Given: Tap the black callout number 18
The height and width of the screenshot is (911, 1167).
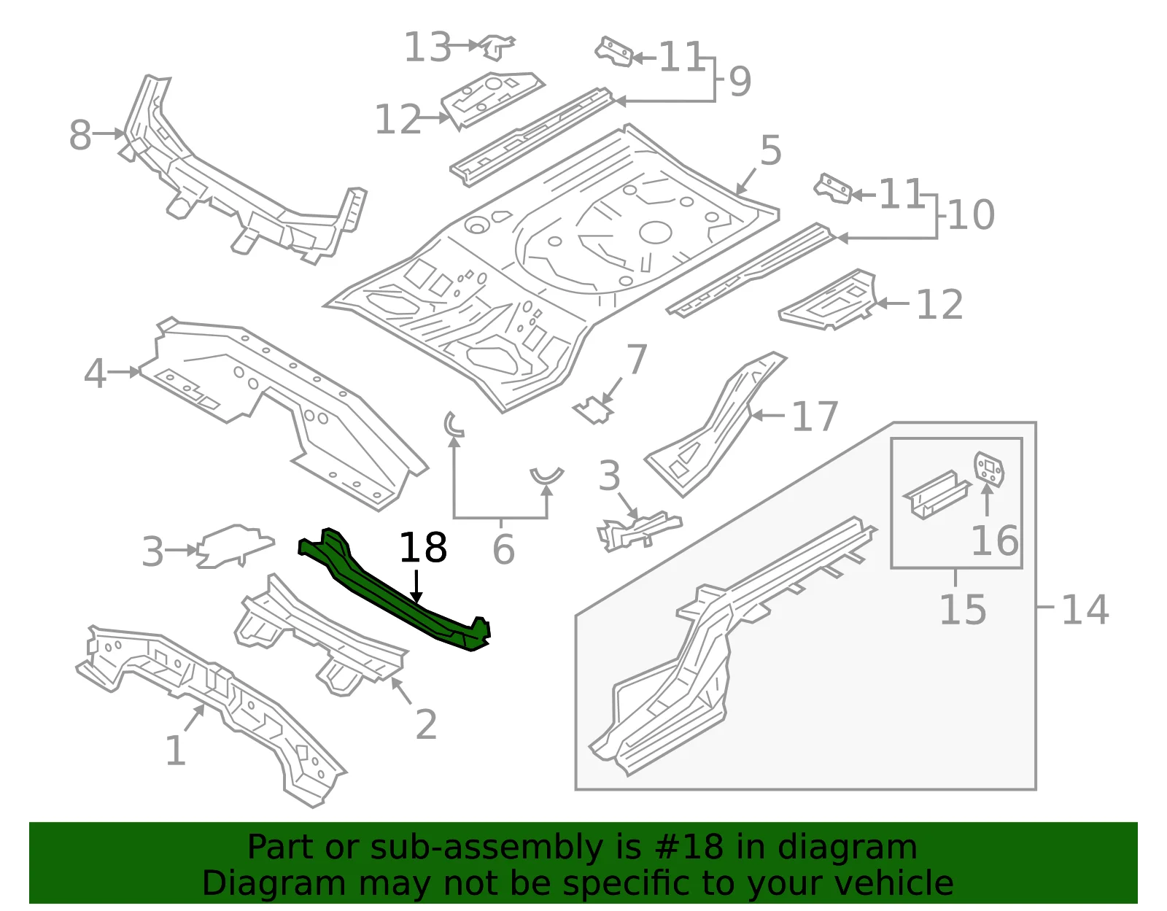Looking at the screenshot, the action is coord(423,548).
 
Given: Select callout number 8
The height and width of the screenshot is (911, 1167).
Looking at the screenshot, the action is coord(80,135).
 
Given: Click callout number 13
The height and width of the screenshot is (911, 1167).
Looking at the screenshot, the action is coord(427,47).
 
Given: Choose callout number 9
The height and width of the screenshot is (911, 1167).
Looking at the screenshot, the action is coord(740,82).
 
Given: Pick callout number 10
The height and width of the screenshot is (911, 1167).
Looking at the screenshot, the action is coord(972,214).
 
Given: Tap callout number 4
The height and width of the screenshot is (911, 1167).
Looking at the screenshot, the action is coord(95,373).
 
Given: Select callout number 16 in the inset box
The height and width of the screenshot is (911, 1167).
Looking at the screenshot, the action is coord(995,540).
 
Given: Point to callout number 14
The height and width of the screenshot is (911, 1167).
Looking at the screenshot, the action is coord(1085,610).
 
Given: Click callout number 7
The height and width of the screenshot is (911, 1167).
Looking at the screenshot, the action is coord(637,359).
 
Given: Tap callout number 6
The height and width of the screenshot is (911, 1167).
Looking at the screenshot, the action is coord(504,549).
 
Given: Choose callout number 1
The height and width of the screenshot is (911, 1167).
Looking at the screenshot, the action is coord(176,751).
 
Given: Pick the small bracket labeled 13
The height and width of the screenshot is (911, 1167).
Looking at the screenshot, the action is coord(497,47).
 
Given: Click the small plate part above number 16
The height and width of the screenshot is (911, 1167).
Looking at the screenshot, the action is coord(989,469).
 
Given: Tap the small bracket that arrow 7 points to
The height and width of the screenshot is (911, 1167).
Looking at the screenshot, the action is coord(594,411).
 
